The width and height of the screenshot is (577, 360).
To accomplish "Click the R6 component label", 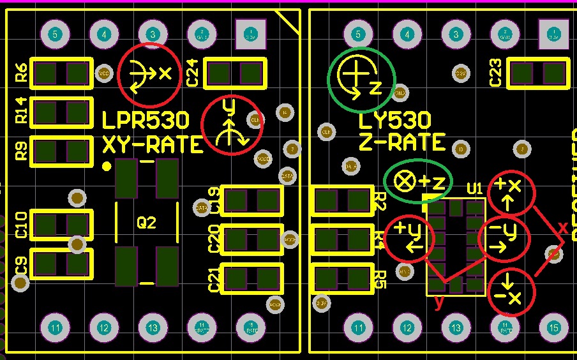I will (21, 73).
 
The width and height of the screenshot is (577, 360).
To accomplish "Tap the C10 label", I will (21, 225).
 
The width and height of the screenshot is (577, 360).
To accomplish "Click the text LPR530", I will (146, 121).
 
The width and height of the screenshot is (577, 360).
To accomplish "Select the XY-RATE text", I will (153, 145).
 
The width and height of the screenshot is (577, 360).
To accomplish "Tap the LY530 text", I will (394, 121).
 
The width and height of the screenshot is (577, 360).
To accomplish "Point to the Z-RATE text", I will (401, 142).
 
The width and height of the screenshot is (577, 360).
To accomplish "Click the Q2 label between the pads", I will (146, 223).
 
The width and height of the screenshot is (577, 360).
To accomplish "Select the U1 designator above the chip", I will (474, 188).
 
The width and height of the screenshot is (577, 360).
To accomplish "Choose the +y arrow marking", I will (409, 237).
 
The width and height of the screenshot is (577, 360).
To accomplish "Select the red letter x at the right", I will (562, 227).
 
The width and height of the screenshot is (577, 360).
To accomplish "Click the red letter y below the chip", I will (438, 303).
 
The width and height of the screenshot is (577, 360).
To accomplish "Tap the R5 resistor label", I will (380, 279).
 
